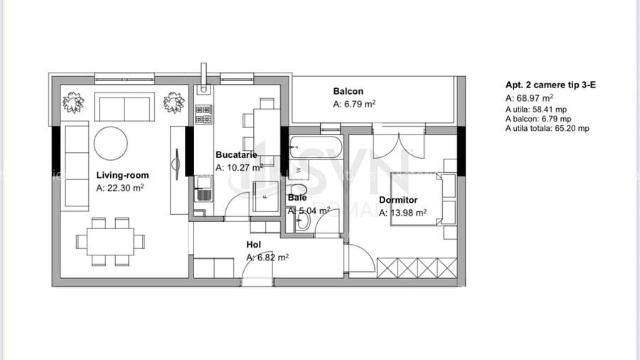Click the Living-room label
point(122,175)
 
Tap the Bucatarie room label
point(236,154)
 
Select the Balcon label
point(348,91)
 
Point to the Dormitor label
point(398,200)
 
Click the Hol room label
point(253,245)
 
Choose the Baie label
point(297,198)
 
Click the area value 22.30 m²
point(121,189)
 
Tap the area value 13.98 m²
point(402,213)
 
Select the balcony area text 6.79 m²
point(354,104)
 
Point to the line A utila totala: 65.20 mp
point(547,129)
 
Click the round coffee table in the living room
point(111,143)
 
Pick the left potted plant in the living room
point(73,104)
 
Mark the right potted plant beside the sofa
point(174,104)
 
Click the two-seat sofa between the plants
point(124,108)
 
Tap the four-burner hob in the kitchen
point(204,114)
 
